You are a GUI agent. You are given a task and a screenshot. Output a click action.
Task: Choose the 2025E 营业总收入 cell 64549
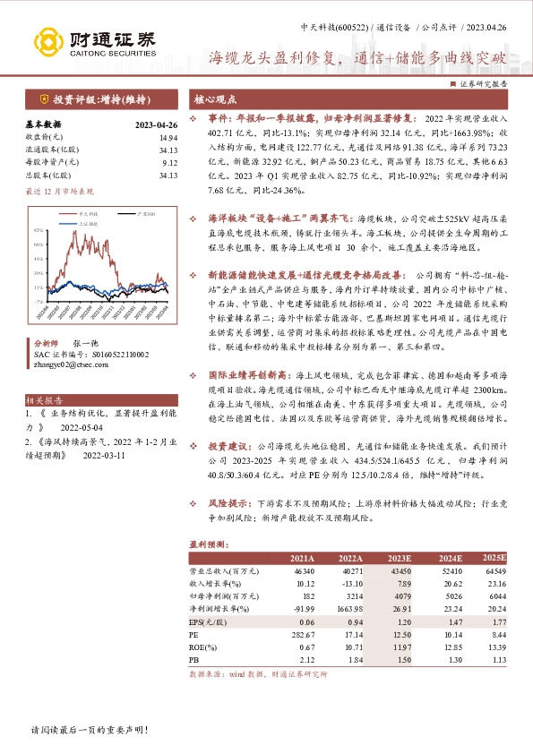point(494,570)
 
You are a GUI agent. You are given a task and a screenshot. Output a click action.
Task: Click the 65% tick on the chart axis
point(39,230)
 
